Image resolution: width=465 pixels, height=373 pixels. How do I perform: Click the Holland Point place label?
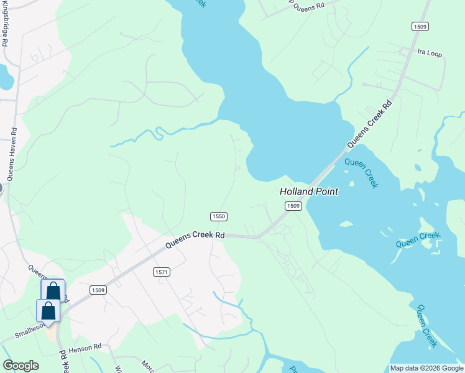click(x=309, y=192)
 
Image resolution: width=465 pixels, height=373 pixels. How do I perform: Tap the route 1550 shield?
click(x=218, y=216)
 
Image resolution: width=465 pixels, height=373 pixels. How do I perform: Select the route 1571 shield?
click(x=161, y=272)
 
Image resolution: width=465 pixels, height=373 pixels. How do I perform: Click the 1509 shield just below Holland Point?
click(x=293, y=206)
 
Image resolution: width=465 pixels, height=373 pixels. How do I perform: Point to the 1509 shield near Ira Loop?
click(x=420, y=26)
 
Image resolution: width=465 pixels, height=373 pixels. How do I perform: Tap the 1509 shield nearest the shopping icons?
click(x=98, y=290)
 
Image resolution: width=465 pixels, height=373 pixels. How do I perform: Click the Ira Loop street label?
click(x=430, y=54)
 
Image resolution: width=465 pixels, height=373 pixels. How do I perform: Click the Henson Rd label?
click(x=85, y=347)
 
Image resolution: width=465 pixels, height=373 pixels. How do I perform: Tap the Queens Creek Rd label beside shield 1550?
click(x=195, y=240)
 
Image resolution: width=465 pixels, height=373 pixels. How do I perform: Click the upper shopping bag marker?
click(x=53, y=290)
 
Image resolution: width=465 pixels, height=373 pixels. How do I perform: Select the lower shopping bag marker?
click(x=48, y=310)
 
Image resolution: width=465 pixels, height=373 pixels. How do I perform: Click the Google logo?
click(x=21, y=366)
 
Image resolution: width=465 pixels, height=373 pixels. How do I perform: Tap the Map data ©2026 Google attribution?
click(x=426, y=368)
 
